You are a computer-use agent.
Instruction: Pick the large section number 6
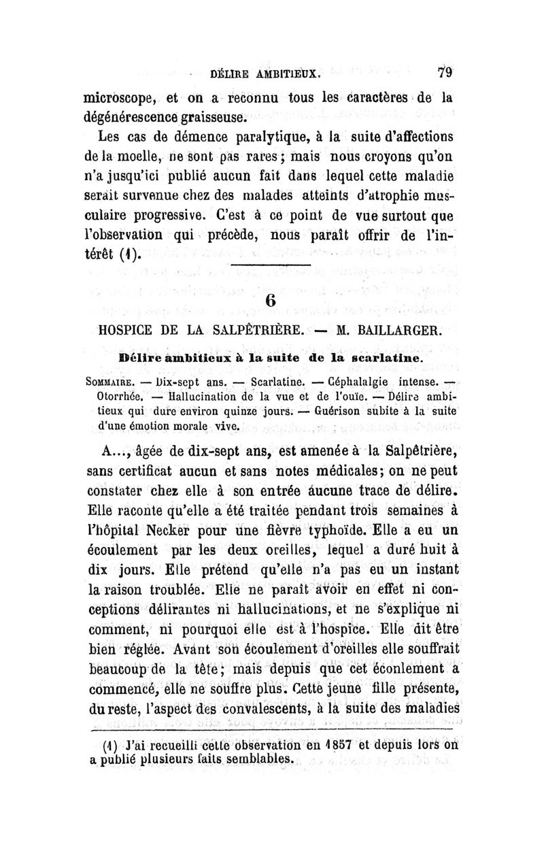pos(271,301)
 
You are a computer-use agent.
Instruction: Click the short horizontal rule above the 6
pos(271,265)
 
